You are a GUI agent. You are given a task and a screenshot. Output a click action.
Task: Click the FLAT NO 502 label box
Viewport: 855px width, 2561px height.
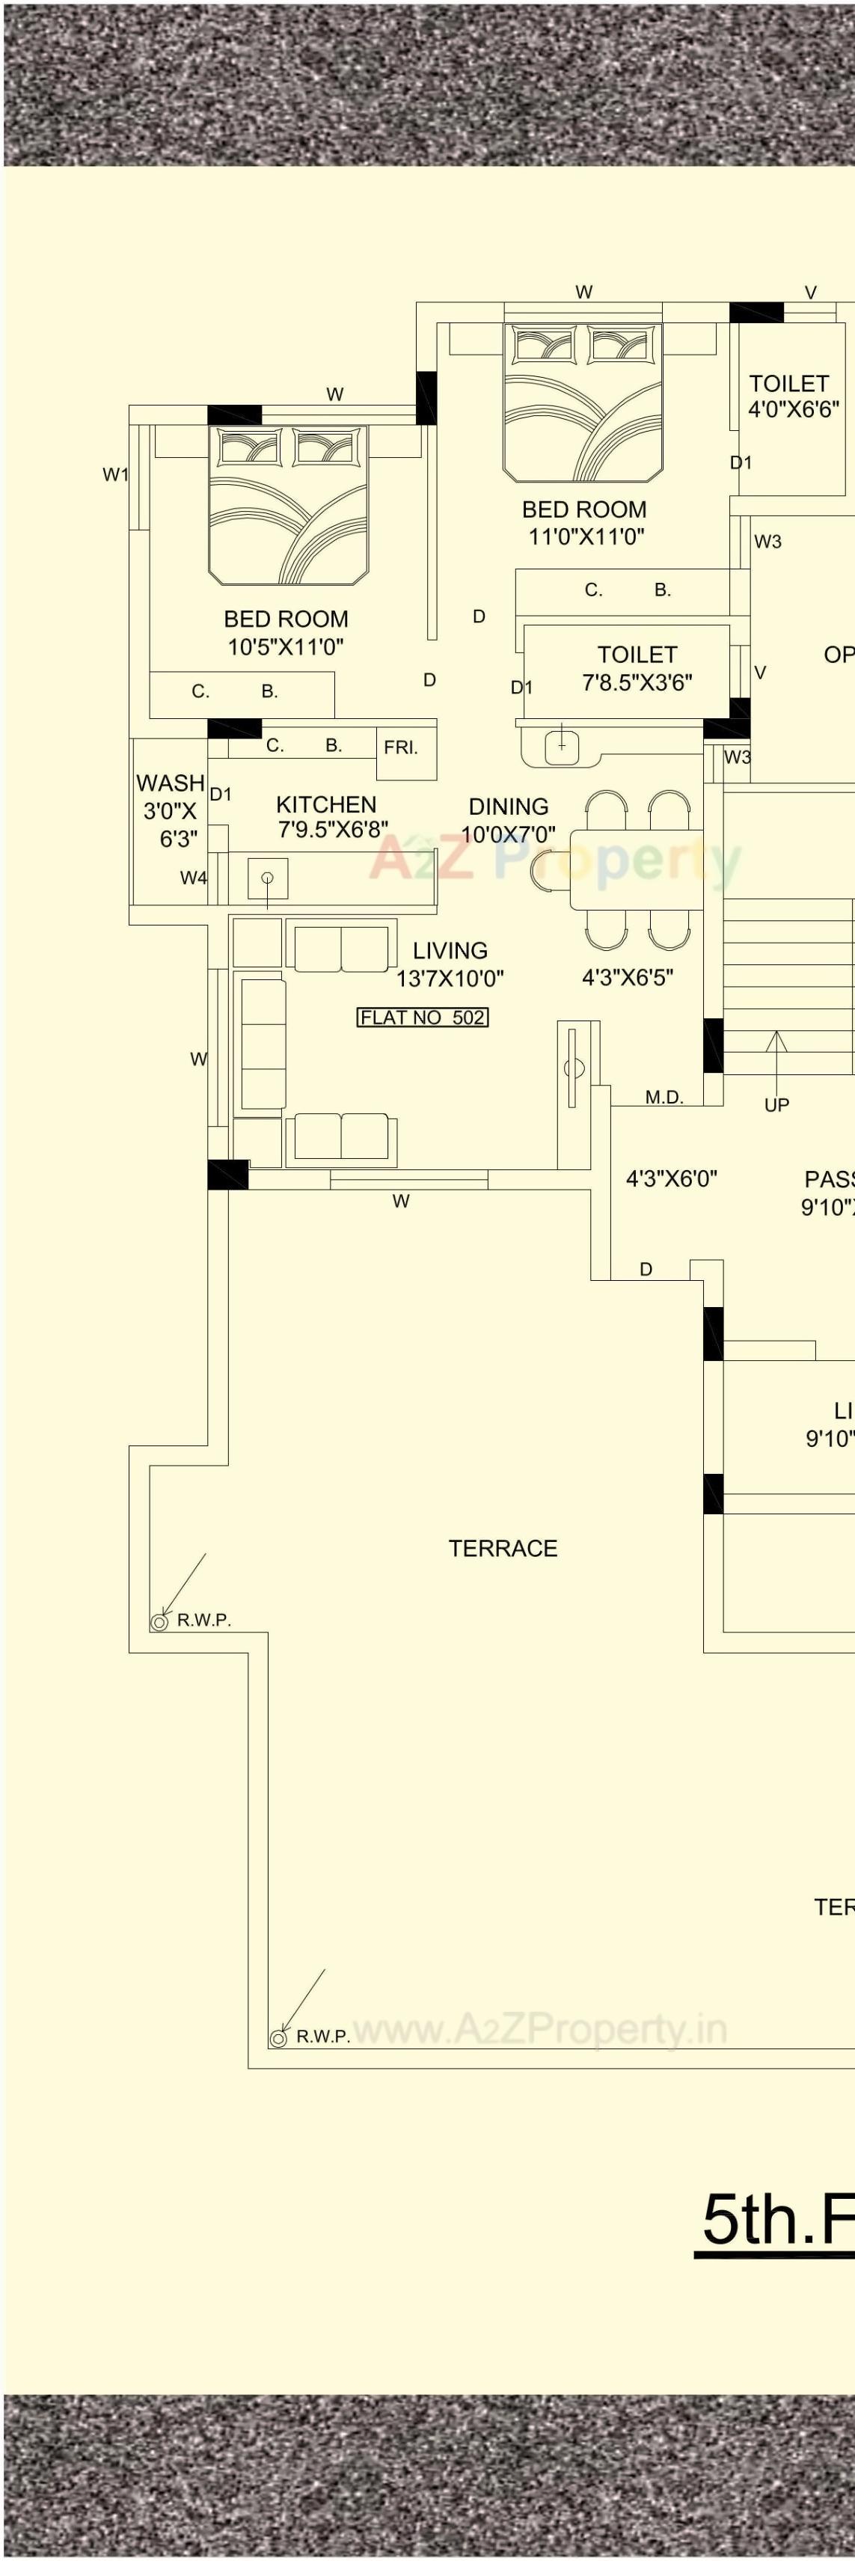(423, 1017)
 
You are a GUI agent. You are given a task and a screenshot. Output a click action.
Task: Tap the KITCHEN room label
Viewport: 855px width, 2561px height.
(326, 804)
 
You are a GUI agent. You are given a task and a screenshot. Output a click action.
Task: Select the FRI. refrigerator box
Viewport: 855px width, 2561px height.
(401, 747)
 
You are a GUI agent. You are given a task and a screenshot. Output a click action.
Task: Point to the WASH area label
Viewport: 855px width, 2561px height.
(170, 783)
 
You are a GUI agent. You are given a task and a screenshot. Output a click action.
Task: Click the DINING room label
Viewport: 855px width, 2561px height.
(508, 807)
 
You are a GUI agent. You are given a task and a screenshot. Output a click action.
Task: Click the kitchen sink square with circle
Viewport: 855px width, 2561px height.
(268, 878)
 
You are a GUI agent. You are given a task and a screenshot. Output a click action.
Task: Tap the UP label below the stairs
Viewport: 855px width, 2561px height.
(776, 1104)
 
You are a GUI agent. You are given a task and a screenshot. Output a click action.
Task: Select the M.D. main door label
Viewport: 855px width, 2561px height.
(664, 1098)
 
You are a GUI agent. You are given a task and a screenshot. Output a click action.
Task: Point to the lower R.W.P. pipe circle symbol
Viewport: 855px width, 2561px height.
(278, 2037)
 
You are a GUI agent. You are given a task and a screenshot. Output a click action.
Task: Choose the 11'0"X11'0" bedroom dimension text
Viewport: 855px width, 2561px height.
(586, 537)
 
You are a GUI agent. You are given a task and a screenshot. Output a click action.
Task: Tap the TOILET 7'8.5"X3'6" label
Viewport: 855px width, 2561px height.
(637, 668)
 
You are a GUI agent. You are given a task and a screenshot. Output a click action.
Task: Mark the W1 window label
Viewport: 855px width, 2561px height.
(115, 474)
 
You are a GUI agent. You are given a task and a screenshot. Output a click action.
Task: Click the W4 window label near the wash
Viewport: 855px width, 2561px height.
(193, 877)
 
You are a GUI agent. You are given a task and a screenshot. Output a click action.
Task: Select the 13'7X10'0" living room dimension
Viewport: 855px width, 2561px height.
(450, 979)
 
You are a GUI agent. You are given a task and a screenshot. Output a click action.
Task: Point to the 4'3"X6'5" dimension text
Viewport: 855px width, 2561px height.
(628, 977)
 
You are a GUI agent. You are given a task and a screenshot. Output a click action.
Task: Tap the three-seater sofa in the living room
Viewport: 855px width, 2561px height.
(263, 1044)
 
